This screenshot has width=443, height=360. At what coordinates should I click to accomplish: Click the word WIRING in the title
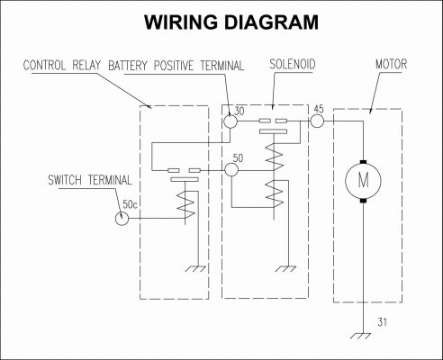coord(181,22)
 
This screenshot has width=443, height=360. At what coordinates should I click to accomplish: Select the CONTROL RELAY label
coord(61,65)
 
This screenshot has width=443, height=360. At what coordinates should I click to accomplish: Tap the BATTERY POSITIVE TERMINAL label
coord(176,66)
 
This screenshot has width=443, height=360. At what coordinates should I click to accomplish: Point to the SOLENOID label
coord(293,64)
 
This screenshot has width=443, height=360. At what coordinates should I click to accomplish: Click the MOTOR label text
coord(391,64)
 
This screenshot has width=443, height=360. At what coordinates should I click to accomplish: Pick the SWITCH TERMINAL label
coord(90,180)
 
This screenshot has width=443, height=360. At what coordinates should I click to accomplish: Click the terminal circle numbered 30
coord(231,121)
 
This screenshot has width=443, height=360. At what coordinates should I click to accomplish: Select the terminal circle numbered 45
coord(317,121)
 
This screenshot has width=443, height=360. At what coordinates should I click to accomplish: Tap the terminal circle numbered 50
coord(231,170)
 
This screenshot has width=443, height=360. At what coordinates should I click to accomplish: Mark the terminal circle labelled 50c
coord(122,218)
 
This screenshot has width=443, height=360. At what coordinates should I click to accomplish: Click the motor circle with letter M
coord(363,181)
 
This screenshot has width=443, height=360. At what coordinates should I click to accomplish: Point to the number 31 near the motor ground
coord(382,322)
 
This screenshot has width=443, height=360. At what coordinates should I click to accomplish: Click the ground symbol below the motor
coord(360,336)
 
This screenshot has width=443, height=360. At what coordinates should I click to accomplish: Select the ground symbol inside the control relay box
coord(195,269)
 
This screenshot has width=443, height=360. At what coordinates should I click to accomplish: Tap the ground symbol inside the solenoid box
coord(285,269)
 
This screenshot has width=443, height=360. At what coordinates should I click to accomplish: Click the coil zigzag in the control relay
coord(185,205)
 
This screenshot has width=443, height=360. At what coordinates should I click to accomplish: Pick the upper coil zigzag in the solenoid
coord(275,156)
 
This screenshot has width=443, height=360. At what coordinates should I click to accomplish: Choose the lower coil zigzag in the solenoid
coord(275,193)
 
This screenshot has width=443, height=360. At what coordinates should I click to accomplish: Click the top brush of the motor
coord(363,162)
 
